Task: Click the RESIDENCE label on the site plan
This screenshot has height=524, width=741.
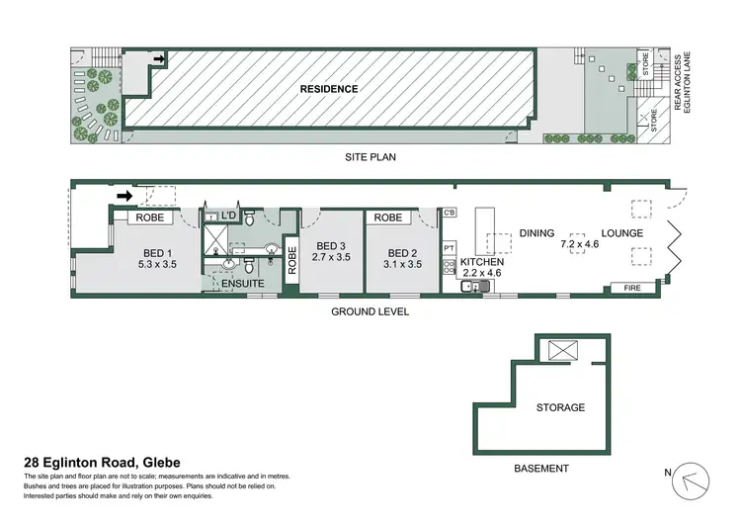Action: (330, 89)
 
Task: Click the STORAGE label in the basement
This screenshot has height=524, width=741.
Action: (560, 407)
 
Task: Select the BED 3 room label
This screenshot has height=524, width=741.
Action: (331, 250)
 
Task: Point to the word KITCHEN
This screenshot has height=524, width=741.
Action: (483, 262)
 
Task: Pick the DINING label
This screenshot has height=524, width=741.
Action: (537, 233)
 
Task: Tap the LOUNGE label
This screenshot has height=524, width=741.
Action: (623, 233)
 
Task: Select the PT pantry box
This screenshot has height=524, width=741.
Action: (449, 247)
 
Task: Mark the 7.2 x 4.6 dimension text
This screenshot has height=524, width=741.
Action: (580, 243)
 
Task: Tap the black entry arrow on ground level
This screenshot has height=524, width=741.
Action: (124, 197)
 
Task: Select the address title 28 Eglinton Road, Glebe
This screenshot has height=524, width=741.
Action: (102, 463)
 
